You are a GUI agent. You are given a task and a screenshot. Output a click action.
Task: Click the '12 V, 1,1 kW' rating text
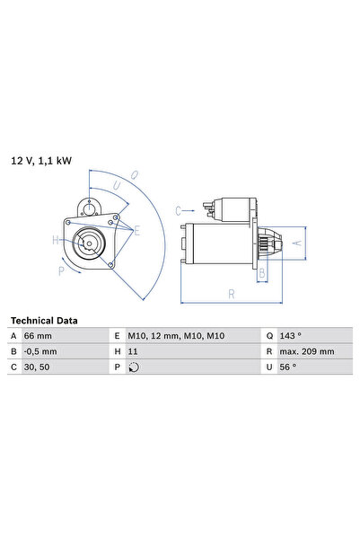[x=40, y=161]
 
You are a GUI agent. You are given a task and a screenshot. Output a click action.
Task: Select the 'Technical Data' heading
[x=44, y=321]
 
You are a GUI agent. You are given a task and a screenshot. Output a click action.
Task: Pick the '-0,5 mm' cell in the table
[x=45, y=351]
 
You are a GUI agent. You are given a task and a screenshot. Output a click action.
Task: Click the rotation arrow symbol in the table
[x=135, y=367]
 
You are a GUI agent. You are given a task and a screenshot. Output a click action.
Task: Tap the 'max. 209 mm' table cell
[x=307, y=351]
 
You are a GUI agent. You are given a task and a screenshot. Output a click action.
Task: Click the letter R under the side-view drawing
[x=232, y=294]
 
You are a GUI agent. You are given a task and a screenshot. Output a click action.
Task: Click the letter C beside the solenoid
[x=178, y=208]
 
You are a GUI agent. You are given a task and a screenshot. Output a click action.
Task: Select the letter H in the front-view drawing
[x=55, y=240]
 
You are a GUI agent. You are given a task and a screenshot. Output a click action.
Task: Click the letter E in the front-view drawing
[x=136, y=231]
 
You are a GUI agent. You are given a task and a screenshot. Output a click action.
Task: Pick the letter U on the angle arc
[x=116, y=186]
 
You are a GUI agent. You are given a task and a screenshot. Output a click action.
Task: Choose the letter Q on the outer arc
[x=134, y=174]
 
